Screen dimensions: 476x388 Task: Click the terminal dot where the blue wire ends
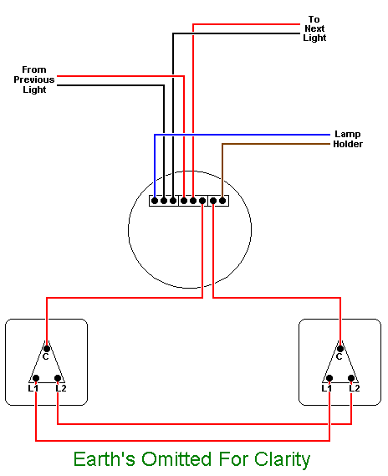[x=154, y=200]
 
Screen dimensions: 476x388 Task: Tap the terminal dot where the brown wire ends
[x=222, y=200]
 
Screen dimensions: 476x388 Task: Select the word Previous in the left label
[x=34, y=79]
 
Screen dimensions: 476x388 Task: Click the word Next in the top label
[x=314, y=28]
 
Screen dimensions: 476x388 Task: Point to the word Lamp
[x=347, y=134]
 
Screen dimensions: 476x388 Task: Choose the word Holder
[x=347, y=144]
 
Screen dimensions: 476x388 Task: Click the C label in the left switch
[x=47, y=357]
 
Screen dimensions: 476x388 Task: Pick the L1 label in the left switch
[x=33, y=387]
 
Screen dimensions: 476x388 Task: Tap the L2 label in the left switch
[x=61, y=387]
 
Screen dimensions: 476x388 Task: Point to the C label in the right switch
[x=339, y=357]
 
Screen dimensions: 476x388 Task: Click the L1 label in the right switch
[x=326, y=387]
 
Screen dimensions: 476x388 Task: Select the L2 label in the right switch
[x=355, y=387]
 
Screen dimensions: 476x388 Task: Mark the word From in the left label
[x=34, y=69]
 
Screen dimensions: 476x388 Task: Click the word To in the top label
[x=314, y=18]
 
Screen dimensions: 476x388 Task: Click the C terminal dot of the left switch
[x=47, y=347]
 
